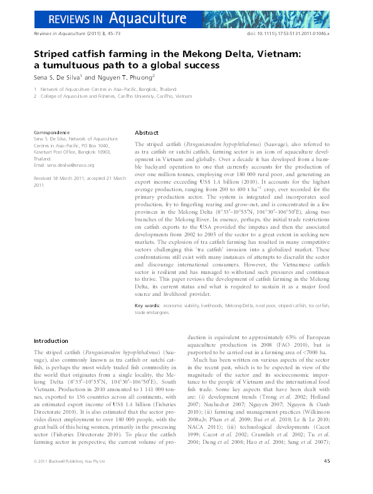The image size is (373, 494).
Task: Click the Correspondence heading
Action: [51, 133]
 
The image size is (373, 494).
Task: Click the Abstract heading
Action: [147, 133]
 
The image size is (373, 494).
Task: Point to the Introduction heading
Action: [51, 341]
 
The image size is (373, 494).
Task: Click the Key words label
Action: [147, 305]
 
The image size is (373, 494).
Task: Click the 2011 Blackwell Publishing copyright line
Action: [70, 480]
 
